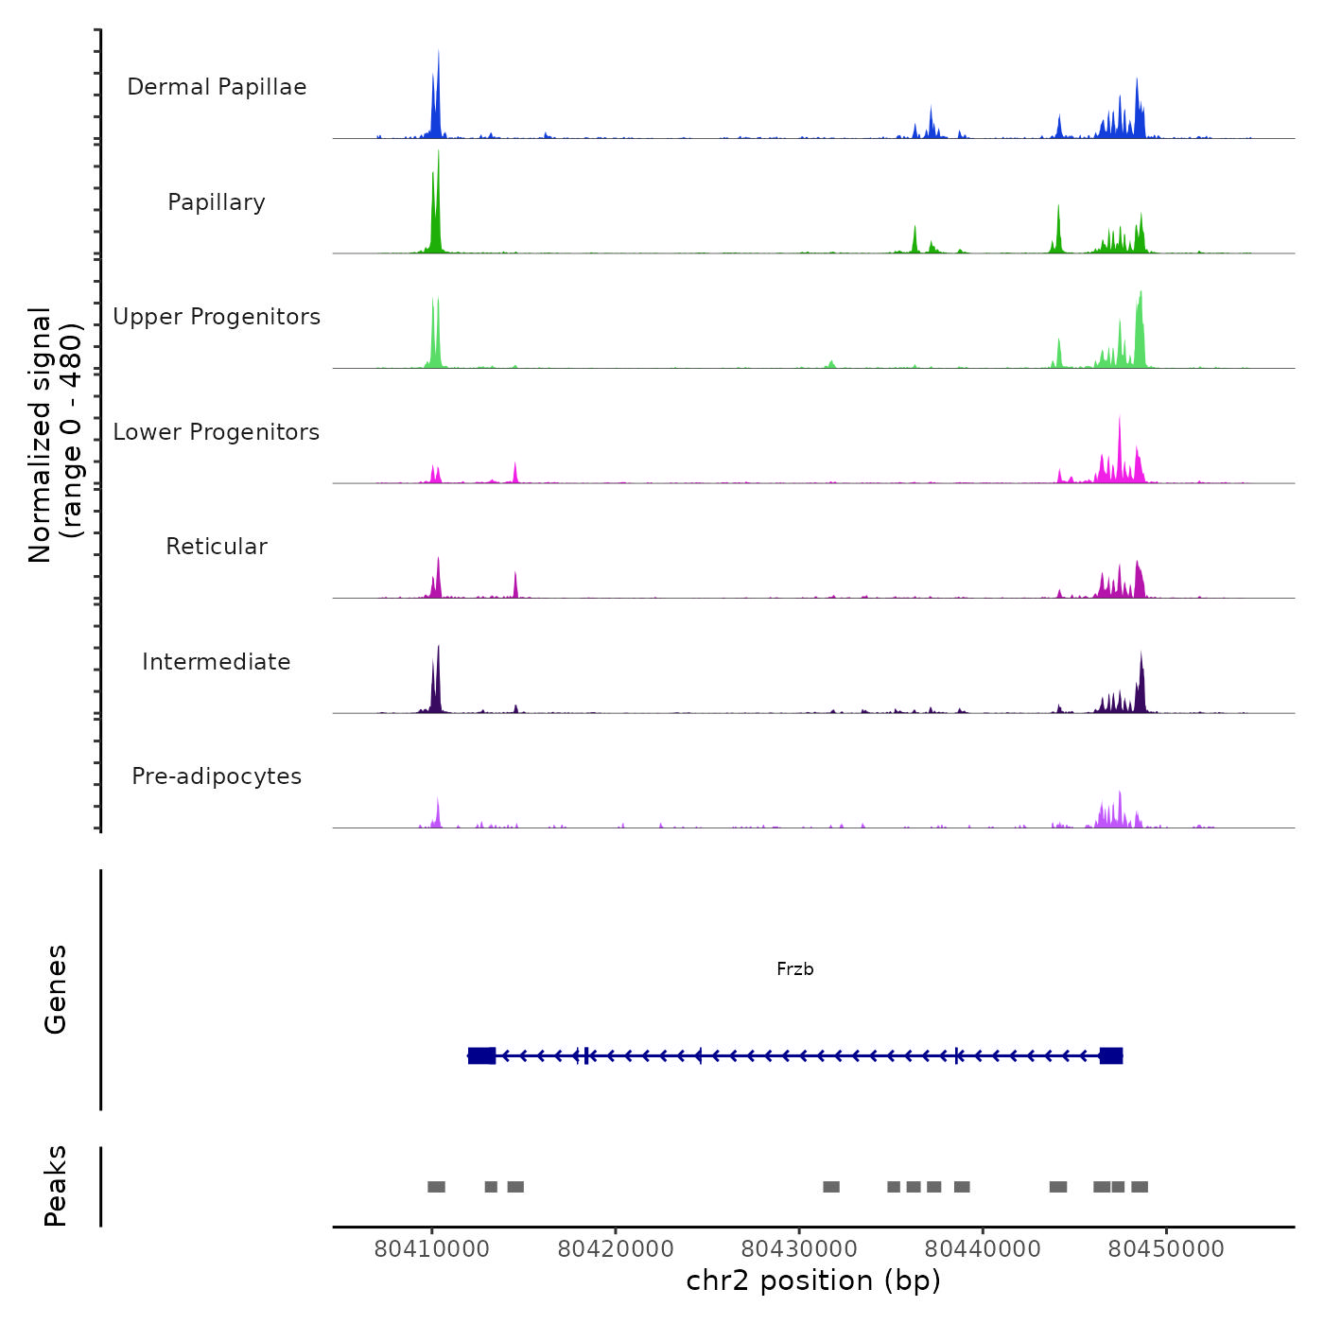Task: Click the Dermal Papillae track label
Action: [217, 87]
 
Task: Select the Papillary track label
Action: [217, 202]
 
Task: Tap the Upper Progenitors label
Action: [217, 317]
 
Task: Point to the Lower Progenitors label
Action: [217, 432]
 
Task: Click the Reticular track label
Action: [217, 547]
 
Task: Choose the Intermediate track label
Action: [217, 662]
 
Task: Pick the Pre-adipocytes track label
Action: [217, 776]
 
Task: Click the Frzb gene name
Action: [794, 969]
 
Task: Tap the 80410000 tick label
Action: [432, 1249]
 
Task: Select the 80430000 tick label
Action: [799, 1249]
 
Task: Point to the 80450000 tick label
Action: [1166, 1249]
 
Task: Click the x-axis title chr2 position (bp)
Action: [813, 1280]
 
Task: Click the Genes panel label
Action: [55, 989]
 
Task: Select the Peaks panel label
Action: [55, 1186]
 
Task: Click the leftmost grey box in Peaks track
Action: [436, 1187]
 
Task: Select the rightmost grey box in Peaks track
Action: [1140, 1187]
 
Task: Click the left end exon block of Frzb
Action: [481, 1055]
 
